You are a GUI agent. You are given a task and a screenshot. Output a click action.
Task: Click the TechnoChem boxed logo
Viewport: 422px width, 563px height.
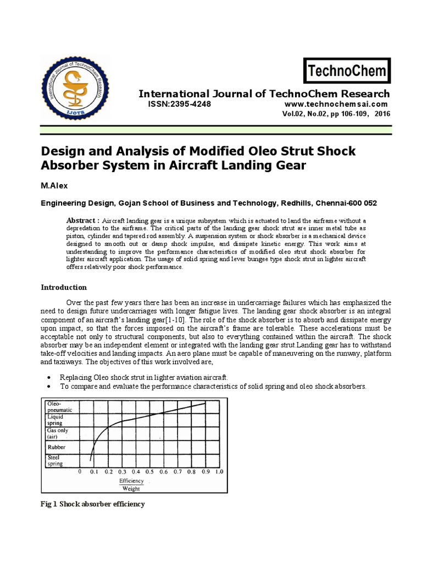[347, 71]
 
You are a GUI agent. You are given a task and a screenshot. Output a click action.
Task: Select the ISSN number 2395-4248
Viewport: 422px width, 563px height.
[182, 104]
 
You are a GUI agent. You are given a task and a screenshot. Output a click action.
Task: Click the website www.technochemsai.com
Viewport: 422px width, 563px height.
[344, 104]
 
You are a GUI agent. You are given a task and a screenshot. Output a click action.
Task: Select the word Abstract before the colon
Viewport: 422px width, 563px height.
[83, 220]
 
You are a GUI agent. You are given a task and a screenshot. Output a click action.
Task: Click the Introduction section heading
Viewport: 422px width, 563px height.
[64, 287]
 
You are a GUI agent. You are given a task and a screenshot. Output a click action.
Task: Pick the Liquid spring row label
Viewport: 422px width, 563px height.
[55, 420]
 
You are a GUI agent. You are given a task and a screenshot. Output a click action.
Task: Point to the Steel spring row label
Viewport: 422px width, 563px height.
[55, 460]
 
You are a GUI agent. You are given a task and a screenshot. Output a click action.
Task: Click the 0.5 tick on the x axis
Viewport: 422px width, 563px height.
[149, 472]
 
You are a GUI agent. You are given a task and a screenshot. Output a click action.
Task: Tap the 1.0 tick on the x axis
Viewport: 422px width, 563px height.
[219, 472]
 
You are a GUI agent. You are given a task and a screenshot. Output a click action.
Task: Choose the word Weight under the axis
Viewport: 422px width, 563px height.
[131, 488]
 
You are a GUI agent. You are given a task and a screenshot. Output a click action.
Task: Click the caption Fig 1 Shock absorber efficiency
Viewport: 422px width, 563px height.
[93, 504]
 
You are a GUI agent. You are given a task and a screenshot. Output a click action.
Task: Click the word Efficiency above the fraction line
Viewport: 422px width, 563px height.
[131, 481]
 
